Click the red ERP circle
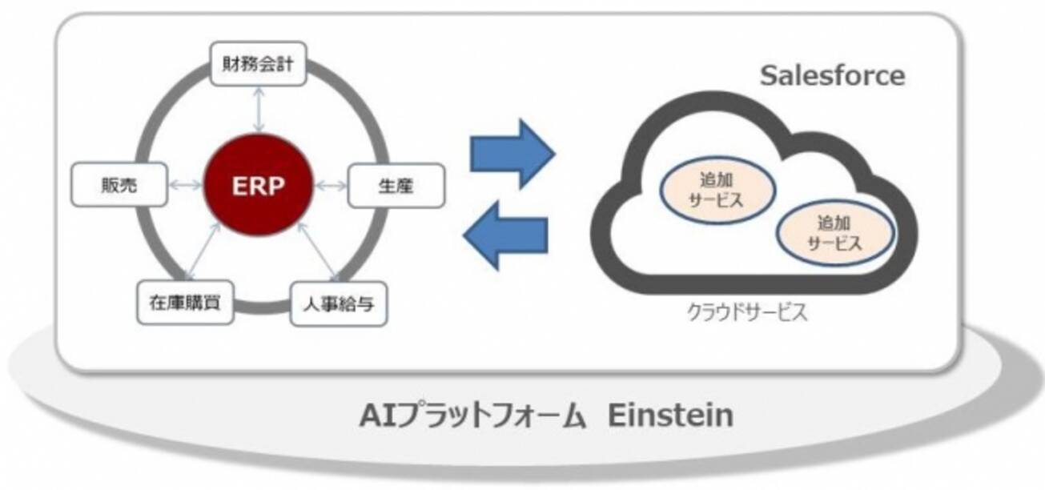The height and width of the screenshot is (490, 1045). point(259,187)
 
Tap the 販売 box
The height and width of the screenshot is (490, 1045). point(120,185)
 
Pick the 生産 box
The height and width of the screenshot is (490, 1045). point(395,185)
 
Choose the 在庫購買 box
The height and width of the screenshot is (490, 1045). point(186,302)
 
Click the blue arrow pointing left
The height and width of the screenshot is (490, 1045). point(507,235)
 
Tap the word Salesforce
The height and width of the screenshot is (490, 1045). point(832,76)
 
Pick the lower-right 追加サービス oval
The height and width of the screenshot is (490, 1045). point(834,232)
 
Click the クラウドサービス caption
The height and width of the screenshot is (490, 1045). point(747,312)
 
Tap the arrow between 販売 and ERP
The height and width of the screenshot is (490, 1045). point(186,186)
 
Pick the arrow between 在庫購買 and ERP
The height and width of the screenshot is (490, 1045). point(203,252)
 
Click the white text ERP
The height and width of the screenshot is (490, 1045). point(259,187)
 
